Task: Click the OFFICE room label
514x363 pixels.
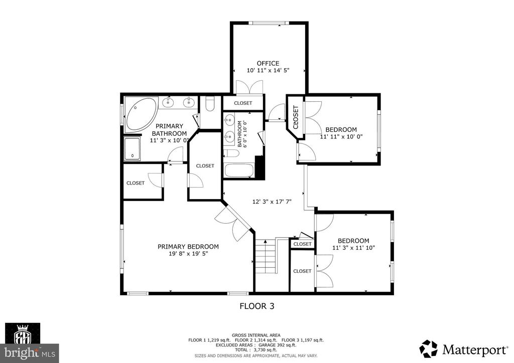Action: click(x=268, y=63)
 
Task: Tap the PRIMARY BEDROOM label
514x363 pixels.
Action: click(x=188, y=247)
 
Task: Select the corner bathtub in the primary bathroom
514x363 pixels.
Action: click(x=141, y=114)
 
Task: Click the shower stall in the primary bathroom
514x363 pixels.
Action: click(x=132, y=149)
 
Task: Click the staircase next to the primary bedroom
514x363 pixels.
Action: click(x=266, y=256)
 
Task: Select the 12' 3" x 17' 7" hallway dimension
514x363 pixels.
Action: click(x=272, y=202)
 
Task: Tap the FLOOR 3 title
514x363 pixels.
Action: click(x=256, y=306)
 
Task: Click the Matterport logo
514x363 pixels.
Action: click(x=463, y=349)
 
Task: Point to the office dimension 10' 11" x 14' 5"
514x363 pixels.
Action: click(x=268, y=70)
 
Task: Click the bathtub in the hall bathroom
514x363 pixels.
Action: click(x=239, y=170)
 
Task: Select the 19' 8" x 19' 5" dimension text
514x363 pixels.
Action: click(x=188, y=254)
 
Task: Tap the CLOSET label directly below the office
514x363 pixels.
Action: click(x=243, y=103)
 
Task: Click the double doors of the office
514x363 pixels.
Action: click(x=249, y=87)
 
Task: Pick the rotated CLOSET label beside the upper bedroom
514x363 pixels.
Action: click(x=296, y=117)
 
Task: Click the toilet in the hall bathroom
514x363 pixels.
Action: click(x=231, y=153)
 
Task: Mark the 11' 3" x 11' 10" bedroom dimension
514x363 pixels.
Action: click(x=353, y=248)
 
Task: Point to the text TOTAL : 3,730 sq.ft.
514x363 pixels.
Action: click(x=255, y=350)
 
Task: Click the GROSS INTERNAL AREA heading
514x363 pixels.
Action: click(x=256, y=335)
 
